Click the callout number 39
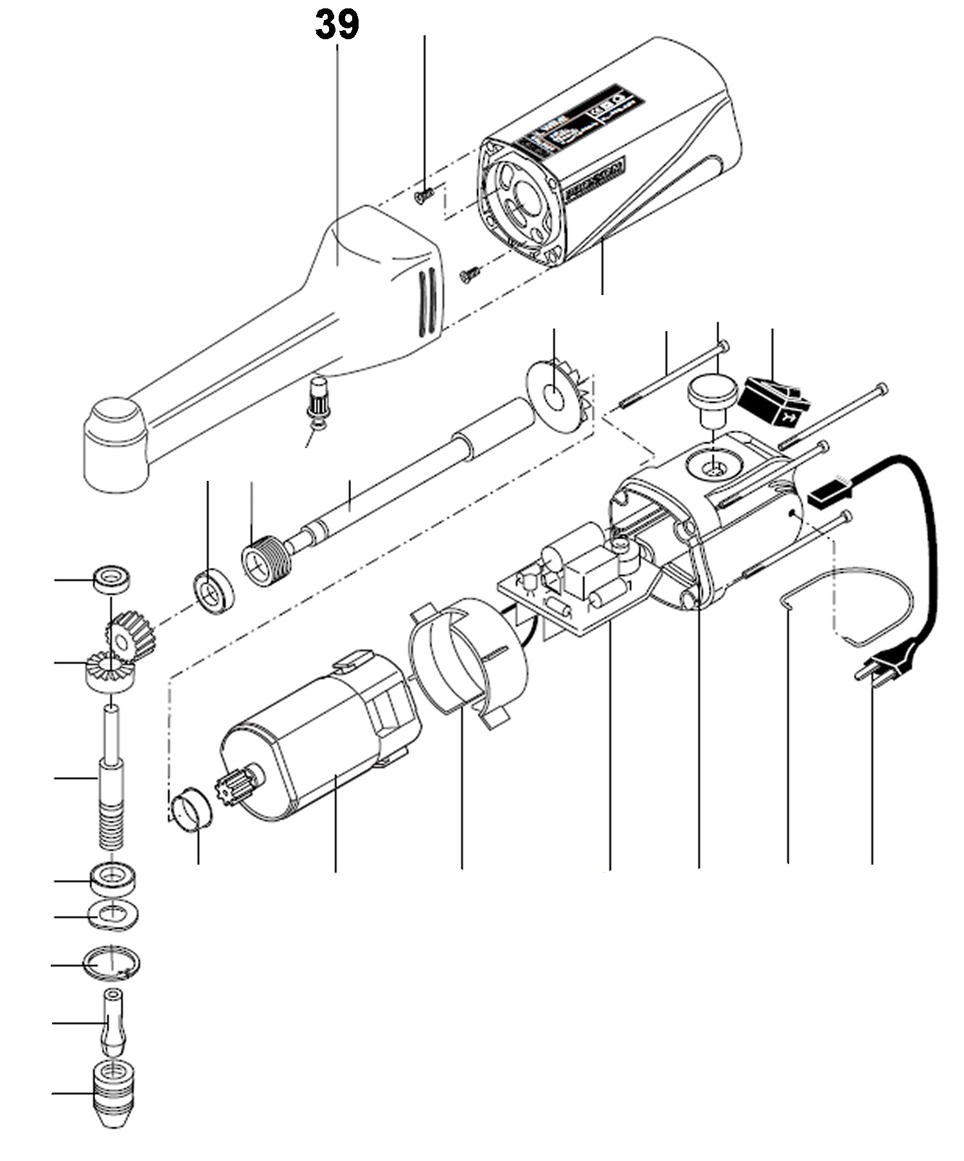337,26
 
